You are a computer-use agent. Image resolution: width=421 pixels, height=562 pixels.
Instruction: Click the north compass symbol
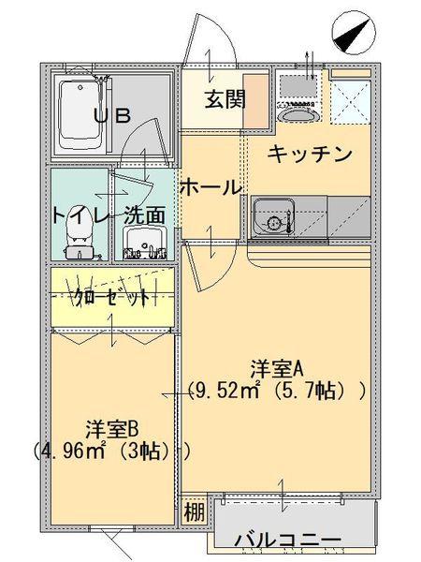tap(354, 34)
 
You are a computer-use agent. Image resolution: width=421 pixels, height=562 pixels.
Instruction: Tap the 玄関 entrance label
tap(225, 99)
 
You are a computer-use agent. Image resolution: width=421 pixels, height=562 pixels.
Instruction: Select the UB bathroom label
tap(112, 115)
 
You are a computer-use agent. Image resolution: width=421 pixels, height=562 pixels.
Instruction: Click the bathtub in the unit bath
tap(80, 115)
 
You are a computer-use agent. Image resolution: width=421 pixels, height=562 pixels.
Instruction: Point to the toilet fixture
tap(80, 237)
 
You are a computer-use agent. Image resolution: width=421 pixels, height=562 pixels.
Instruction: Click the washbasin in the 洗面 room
tap(145, 243)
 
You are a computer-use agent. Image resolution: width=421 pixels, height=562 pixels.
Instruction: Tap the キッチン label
tap(310, 155)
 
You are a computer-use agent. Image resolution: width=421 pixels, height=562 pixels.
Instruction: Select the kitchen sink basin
tap(274, 218)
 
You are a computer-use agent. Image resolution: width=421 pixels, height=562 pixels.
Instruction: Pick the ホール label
tap(210, 187)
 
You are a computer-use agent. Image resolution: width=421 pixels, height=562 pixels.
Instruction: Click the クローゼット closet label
tap(111, 297)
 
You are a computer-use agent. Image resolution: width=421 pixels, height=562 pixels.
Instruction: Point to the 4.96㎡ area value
tap(73, 451)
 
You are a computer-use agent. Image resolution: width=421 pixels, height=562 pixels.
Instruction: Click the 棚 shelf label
tap(195, 512)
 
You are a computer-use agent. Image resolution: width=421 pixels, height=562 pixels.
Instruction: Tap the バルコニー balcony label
tap(287, 540)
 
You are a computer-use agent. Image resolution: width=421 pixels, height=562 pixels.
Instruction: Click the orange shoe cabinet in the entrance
tap(256, 101)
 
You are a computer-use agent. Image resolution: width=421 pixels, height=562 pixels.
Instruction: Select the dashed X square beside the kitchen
tap(351, 101)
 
